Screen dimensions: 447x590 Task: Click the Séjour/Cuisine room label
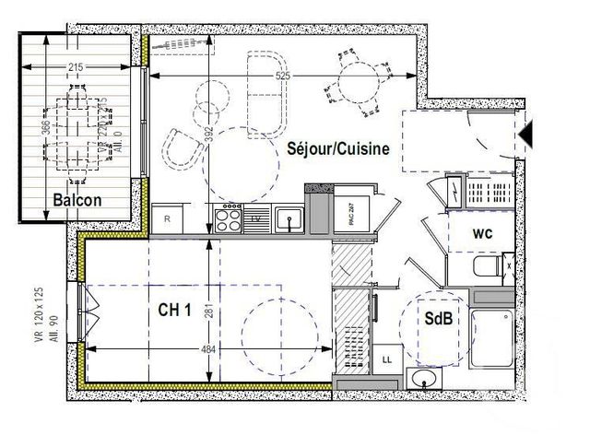(x=338, y=147)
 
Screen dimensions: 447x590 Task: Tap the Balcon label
(x=77, y=201)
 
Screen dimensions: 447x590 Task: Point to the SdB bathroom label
(x=438, y=318)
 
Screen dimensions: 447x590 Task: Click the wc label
(x=483, y=234)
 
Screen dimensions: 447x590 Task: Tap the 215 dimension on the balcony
(x=77, y=67)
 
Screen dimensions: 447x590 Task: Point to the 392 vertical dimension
(x=209, y=135)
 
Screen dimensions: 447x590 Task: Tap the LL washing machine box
(x=387, y=358)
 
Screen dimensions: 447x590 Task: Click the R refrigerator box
(x=167, y=219)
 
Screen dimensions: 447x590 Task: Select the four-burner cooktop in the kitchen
(x=227, y=218)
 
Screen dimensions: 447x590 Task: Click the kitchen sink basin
(x=289, y=220)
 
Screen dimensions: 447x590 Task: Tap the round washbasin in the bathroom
(x=426, y=379)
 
